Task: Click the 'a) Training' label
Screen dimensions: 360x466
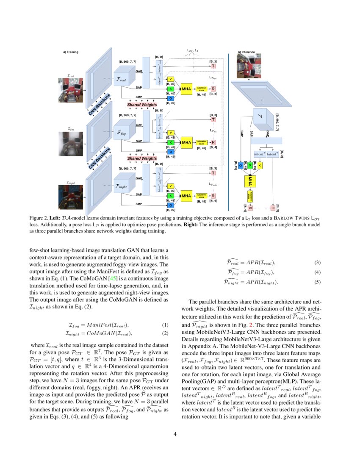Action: (x=71, y=52)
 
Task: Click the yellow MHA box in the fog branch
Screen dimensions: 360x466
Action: (x=186, y=142)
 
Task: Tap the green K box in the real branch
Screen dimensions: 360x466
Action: (x=171, y=89)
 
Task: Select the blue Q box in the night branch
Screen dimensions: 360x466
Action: (x=171, y=205)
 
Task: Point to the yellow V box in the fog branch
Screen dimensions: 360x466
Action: (x=171, y=133)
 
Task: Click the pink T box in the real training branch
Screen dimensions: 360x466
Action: (x=213, y=67)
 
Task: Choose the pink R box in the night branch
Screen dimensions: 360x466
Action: (x=213, y=196)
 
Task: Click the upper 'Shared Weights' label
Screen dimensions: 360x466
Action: (x=142, y=105)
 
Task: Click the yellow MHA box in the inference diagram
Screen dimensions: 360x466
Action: (x=250, y=181)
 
